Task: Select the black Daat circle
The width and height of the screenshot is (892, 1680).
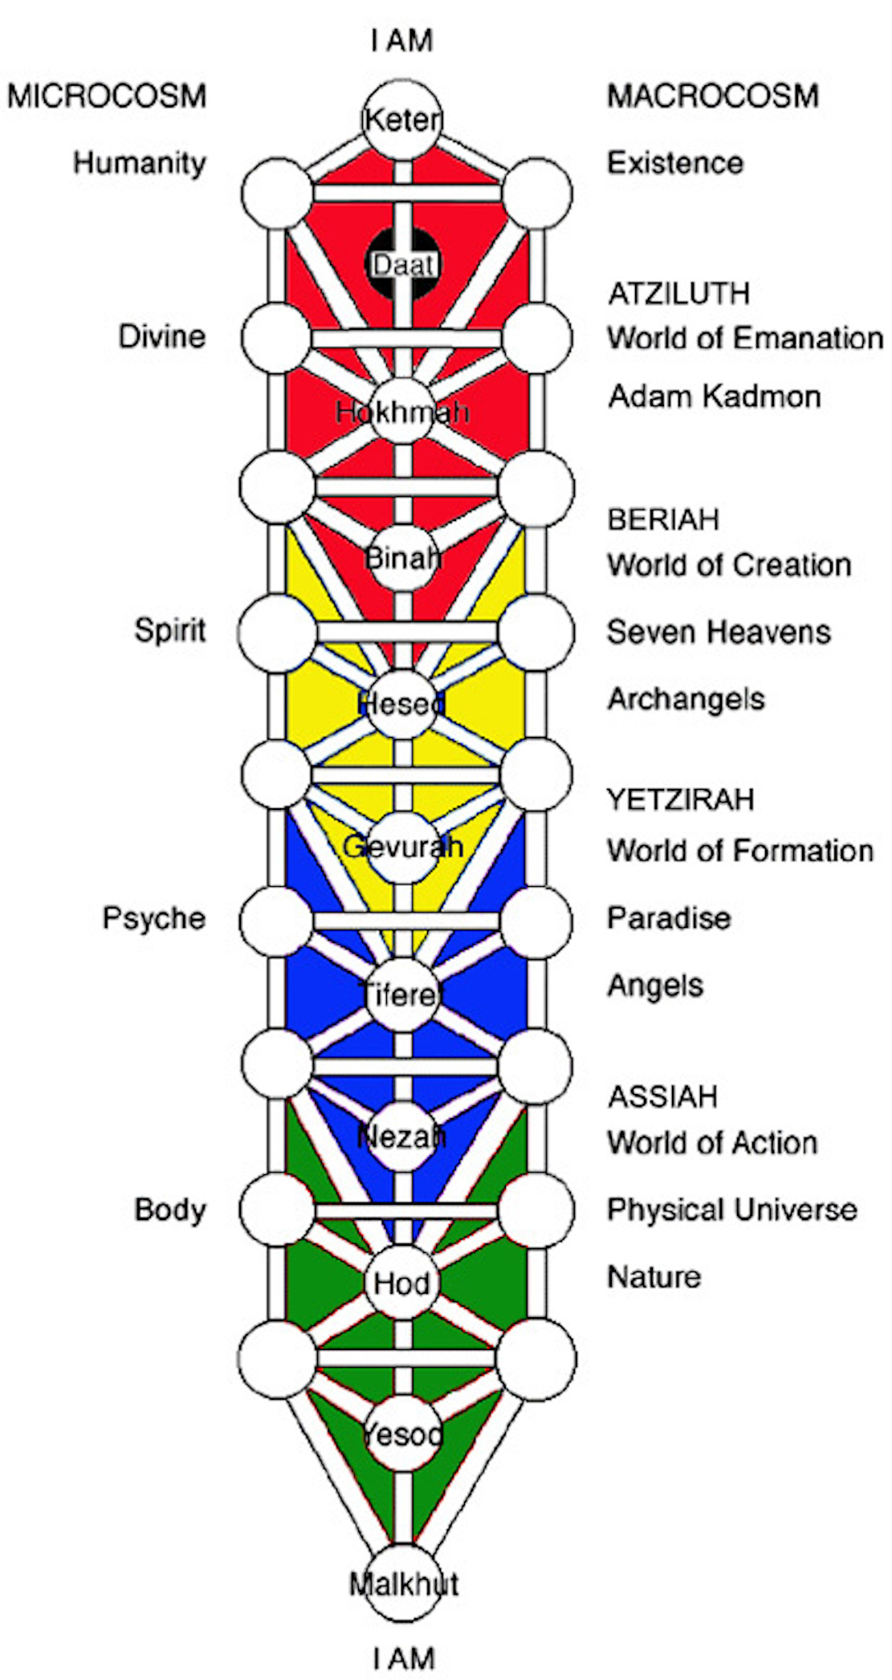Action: click(x=403, y=264)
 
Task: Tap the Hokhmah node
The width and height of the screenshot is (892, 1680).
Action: click(x=402, y=412)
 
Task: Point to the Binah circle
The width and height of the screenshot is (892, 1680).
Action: click(x=402, y=557)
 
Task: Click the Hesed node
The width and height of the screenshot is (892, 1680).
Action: click(x=402, y=703)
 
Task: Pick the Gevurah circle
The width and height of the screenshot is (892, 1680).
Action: click(x=402, y=847)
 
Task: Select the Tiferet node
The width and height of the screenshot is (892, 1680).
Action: click(x=402, y=995)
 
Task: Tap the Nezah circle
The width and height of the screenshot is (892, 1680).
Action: click(x=402, y=1137)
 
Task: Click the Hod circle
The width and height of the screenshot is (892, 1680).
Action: click(x=402, y=1283)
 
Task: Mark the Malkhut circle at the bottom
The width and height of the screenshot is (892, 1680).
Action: click(x=403, y=1584)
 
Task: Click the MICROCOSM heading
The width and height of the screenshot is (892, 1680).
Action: click(x=107, y=96)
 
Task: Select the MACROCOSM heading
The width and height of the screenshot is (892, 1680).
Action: click(x=713, y=96)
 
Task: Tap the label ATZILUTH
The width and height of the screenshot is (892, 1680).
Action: click(x=679, y=294)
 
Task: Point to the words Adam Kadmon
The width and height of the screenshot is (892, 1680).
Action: click(x=715, y=397)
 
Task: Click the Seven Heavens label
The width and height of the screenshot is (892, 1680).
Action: click(x=719, y=633)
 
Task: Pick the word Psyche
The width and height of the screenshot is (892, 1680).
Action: click(x=153, y=918)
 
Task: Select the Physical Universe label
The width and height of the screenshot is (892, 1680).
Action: click(x=731, y=1210)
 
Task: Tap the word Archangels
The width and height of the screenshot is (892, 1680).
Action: click(x=686, y=700)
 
